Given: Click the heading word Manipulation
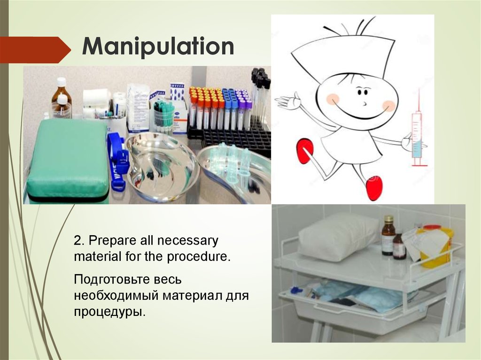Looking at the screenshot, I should [158, 47].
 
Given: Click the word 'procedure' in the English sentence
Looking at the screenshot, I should [205, 257].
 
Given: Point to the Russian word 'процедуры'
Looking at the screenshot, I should [107, 312].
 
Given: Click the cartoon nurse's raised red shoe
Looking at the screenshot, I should [305, 150].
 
